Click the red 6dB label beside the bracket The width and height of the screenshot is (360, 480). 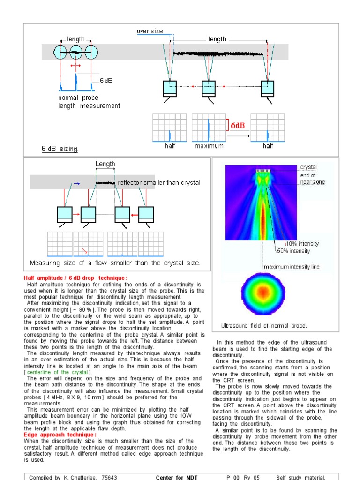(x=237, y=125)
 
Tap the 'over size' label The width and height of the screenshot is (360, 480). (x=150, y=31)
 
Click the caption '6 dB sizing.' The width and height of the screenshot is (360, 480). (x=60, y=149)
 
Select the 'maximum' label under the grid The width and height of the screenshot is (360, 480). (x=209, y=146)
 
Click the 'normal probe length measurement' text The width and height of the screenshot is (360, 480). (x=89, y=102)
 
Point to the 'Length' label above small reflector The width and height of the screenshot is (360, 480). (x=105, y=164)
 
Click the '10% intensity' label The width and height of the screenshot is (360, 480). (x=302, y=244)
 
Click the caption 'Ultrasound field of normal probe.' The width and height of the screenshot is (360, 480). (x=264, y=325)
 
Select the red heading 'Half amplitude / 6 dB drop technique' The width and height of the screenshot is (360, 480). (x=75, y=278)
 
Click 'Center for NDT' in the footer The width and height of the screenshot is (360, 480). (x=177, y=477)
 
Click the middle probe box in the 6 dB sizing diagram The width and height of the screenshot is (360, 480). (x=209, y=88)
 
